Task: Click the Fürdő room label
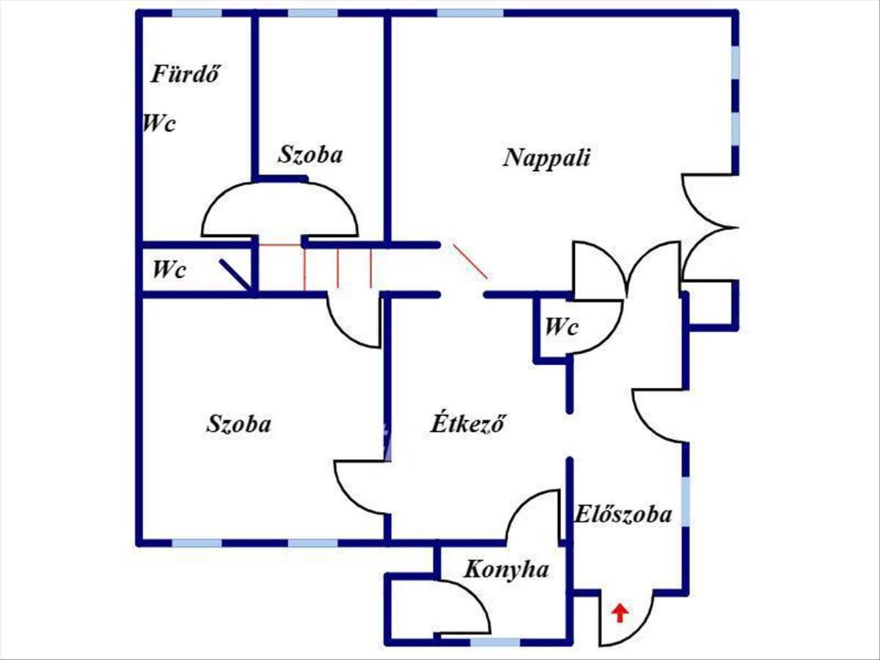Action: click(186, 75)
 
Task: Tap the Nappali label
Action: click(547, 158)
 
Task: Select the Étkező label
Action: click(468, 423)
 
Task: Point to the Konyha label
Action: click(506, 571)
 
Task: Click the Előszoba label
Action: click(623, 514)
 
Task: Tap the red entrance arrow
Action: click(620, 613)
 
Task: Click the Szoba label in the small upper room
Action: click(311, 155)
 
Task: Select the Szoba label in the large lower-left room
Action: click(239, 424)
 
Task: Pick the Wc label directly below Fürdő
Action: click(159, 123)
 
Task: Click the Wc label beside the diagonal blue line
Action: click(169, 269)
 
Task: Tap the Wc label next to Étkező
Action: click(561, 326)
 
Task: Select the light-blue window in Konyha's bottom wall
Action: click(495, 642)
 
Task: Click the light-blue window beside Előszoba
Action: click(685, 502)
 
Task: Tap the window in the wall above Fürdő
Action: click(197, 12)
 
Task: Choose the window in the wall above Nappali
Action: click(470, 12)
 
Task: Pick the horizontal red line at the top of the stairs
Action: click(279, 244)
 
